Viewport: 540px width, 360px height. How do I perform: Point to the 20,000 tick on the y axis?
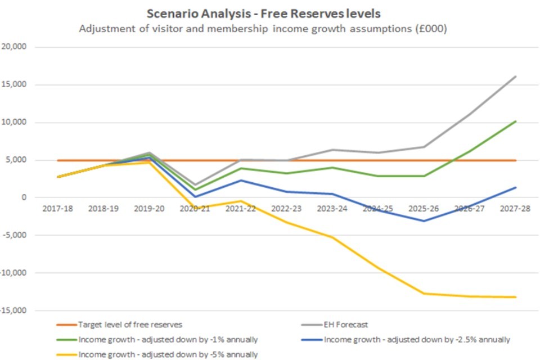pos(16,47)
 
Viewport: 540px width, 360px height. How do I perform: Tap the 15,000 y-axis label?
pos(16,85)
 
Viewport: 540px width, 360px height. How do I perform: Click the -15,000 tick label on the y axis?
pos(15,310)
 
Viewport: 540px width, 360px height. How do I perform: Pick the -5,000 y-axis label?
pos(16,235)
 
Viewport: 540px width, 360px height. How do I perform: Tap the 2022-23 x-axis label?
pos(287,209)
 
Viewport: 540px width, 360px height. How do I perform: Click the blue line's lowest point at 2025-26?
pos(424,221)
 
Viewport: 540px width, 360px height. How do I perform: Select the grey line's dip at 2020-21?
pos(195,184)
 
